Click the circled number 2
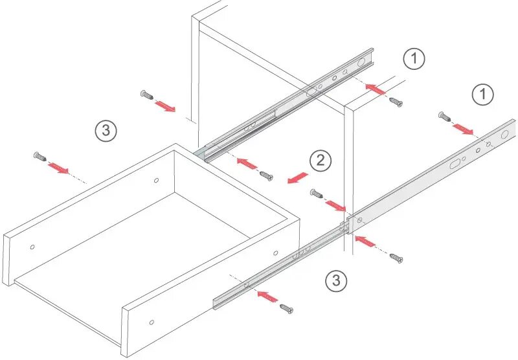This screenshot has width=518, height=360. [320, 161]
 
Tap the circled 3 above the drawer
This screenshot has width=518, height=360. [106, 130]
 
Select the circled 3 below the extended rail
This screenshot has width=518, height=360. [336, 280]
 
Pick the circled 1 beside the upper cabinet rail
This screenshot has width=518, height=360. [414, 58]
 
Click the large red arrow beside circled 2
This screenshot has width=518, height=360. [298, 177]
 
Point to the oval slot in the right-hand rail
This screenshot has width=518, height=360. [456, 164]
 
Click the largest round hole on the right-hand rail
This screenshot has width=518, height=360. [504, 135]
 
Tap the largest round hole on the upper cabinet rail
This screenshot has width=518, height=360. [361, 62]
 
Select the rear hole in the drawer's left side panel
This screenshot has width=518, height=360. [156, 181]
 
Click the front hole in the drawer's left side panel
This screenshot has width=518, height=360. [32, 247]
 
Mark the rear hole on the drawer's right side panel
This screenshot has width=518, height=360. [276, 253]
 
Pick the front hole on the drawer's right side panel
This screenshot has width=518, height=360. [152, 322]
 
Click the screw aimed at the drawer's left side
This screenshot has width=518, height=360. [40, 156]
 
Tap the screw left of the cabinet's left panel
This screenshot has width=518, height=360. [146, 95]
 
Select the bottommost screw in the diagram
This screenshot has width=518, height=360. [286, 309]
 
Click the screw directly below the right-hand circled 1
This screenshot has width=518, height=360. [445, 117]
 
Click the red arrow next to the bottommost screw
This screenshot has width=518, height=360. [267, 297]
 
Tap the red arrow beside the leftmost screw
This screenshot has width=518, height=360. [58, 168]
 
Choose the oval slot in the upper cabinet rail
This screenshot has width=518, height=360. [311, 93]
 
